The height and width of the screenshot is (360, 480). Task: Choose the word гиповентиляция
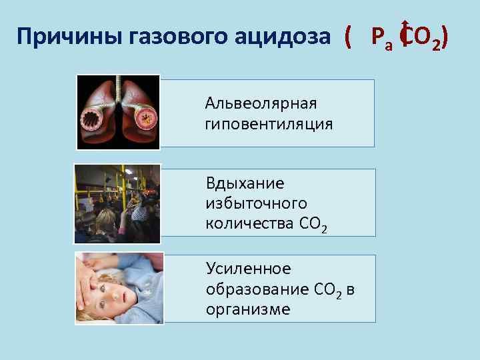pyautogui.click(x=269, y=124)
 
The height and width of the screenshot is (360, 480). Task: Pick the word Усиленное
pyautogui.click(x=249, y=269)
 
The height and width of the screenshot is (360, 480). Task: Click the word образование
pyautogui.click(x=257, y=289)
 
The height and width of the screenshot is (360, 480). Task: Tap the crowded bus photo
pyautogui.click(x=118, y=203)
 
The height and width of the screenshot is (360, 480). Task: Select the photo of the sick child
pyautogui.click(x=119, y=287)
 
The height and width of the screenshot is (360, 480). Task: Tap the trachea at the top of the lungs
pyautogui.click(x=117, y=85)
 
